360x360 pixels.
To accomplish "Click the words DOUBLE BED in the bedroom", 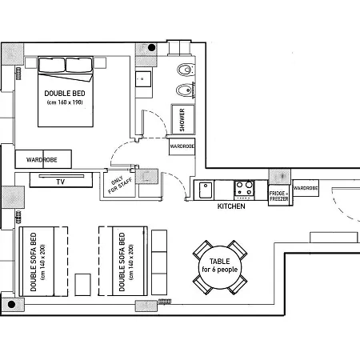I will pos(67,93).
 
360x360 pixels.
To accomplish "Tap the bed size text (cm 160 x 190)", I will pos(67,102).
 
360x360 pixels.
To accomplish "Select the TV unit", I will pos(60,181).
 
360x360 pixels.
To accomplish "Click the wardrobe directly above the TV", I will pos(42,158).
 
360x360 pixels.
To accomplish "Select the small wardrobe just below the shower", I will pos(182,147).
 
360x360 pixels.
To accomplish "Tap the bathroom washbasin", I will pos(144,78).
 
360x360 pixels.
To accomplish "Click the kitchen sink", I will pos(206,190).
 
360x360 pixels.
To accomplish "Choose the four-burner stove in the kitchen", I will pos(244,190).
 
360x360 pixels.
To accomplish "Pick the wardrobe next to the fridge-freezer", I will pos(305,188).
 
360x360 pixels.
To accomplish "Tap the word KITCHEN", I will pos(231,207).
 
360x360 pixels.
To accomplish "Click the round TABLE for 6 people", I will pos(220,266).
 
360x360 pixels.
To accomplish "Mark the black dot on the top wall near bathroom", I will pos(151,48).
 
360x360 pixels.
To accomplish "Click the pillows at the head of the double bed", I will pos(66,66).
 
